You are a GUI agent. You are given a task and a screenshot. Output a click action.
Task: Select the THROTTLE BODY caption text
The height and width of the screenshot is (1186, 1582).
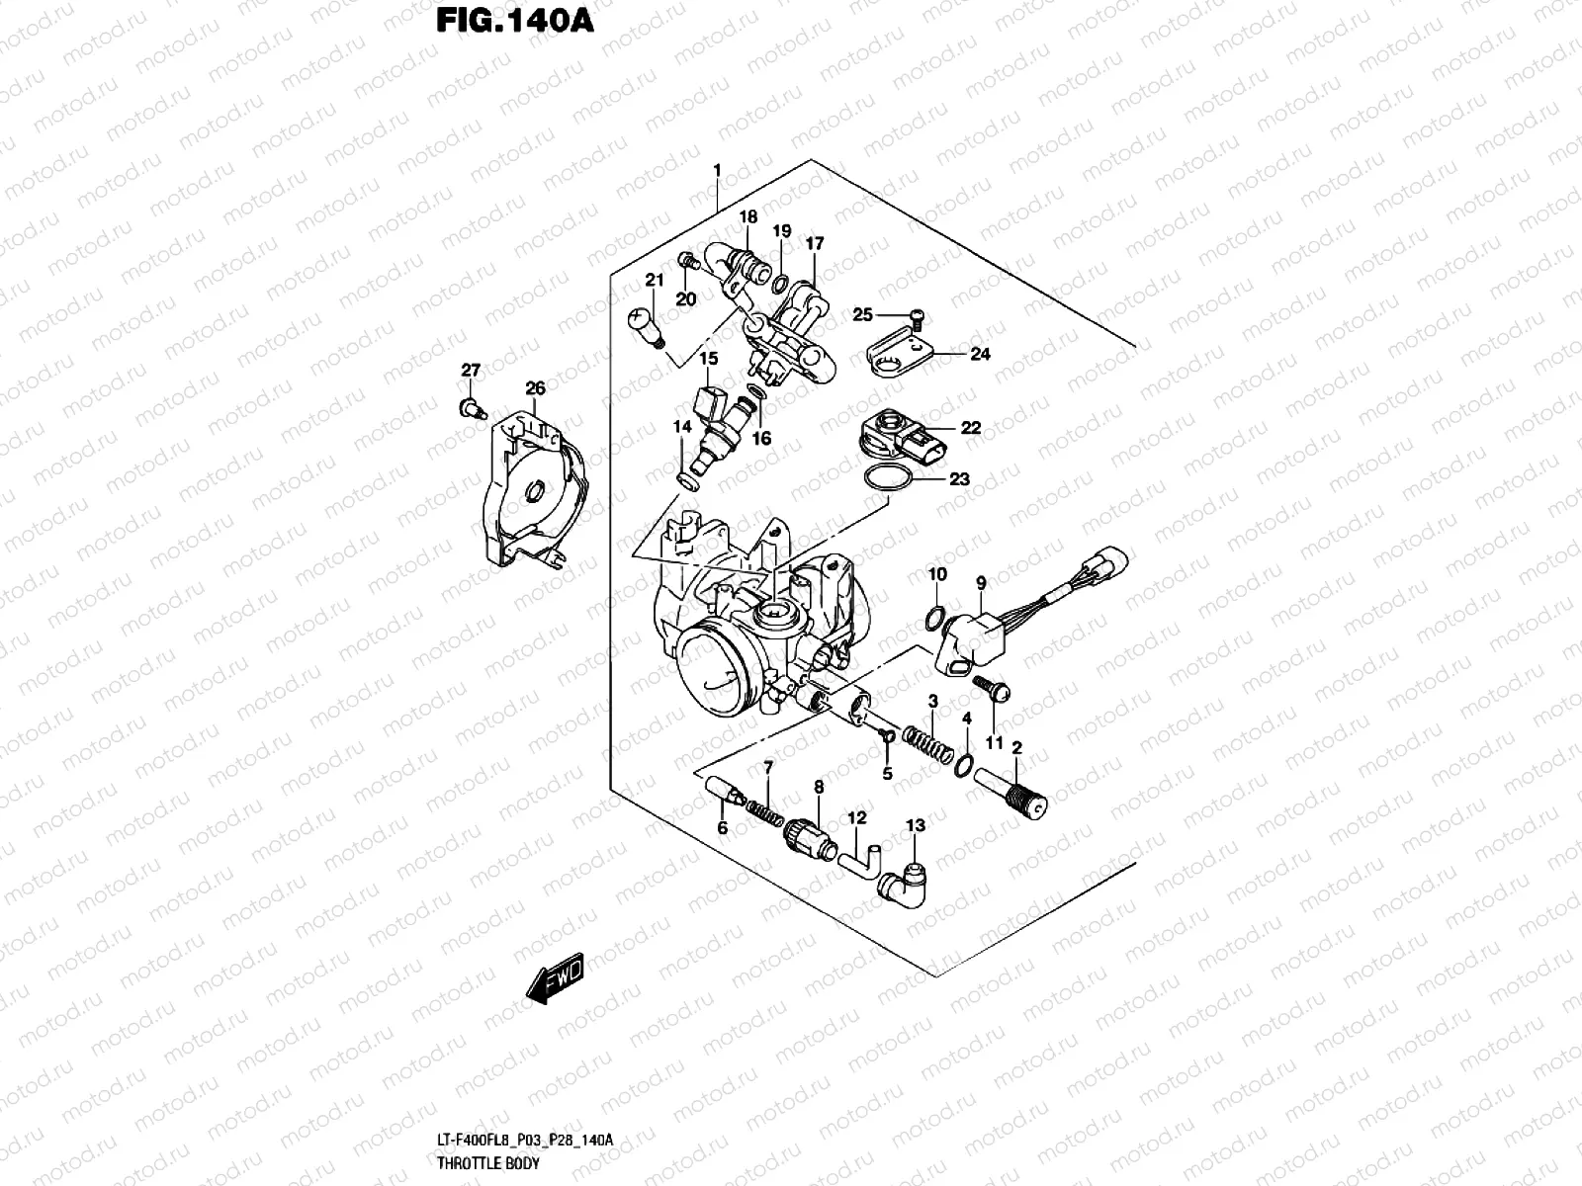[x=488, y=1163]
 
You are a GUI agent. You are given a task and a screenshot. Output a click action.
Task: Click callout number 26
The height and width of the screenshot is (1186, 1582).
[x=535, y=388]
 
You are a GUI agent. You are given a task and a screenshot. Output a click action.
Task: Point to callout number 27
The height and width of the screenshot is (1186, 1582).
[x=471, y=371]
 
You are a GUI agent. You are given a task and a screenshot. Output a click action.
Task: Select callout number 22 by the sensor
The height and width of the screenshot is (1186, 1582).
[x=970, y=428]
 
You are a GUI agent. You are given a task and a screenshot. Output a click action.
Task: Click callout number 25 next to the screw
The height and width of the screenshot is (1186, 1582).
[x=863, y=314]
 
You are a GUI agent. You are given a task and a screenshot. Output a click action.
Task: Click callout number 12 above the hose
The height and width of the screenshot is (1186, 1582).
[x=856, y=817]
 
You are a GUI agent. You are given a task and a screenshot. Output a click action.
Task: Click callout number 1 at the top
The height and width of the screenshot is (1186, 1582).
[x=718, y=171]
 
